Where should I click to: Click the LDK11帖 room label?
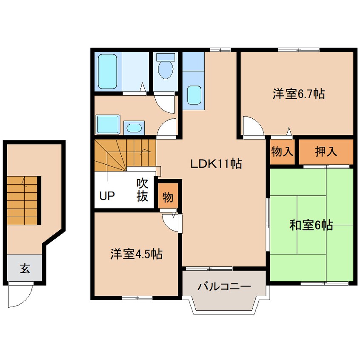[216, 164]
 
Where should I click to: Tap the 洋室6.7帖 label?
[299, 94]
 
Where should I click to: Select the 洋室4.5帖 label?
[136, 254]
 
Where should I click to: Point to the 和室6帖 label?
[311, 225]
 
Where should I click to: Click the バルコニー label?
[224, 286]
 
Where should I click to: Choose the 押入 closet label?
[326, 151]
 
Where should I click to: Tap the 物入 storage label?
[282, 151]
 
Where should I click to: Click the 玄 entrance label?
[25, 268]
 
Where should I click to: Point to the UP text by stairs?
[107, 196]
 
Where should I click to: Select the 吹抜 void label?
[142, 190]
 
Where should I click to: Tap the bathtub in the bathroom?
[107, 71]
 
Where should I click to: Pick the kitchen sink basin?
[194, 95]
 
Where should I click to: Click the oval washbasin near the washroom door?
[134, 128]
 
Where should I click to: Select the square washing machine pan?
[108, 124]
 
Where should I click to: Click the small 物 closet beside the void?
[168, 195]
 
